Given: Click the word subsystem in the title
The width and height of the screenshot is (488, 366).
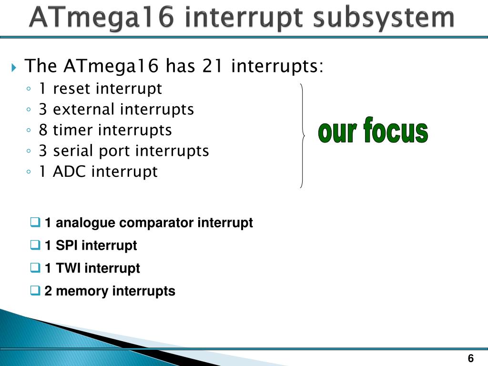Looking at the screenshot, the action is click(x=384, y=18).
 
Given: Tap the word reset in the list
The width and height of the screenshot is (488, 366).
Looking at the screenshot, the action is click(x=73, y=89).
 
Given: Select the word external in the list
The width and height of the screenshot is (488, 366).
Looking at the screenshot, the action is click(x=83, y=109).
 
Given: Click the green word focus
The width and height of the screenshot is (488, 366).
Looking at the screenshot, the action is click(x=396, y=130).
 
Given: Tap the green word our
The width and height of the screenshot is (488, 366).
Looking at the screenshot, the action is click(x=337, y=132).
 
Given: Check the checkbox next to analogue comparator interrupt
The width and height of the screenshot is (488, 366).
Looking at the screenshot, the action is click(x=35, y=222).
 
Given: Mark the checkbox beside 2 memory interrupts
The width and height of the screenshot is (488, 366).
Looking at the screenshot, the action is click(x=35, y=290).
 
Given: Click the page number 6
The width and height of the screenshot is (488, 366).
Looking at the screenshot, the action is click(x=470, y=358).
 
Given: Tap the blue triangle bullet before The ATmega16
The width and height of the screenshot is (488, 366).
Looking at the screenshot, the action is click(x=14, y=67).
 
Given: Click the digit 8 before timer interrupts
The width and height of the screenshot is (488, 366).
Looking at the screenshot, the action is click(x=43, y=130).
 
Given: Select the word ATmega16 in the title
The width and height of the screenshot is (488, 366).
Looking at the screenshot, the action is click(x=102, y=18).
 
